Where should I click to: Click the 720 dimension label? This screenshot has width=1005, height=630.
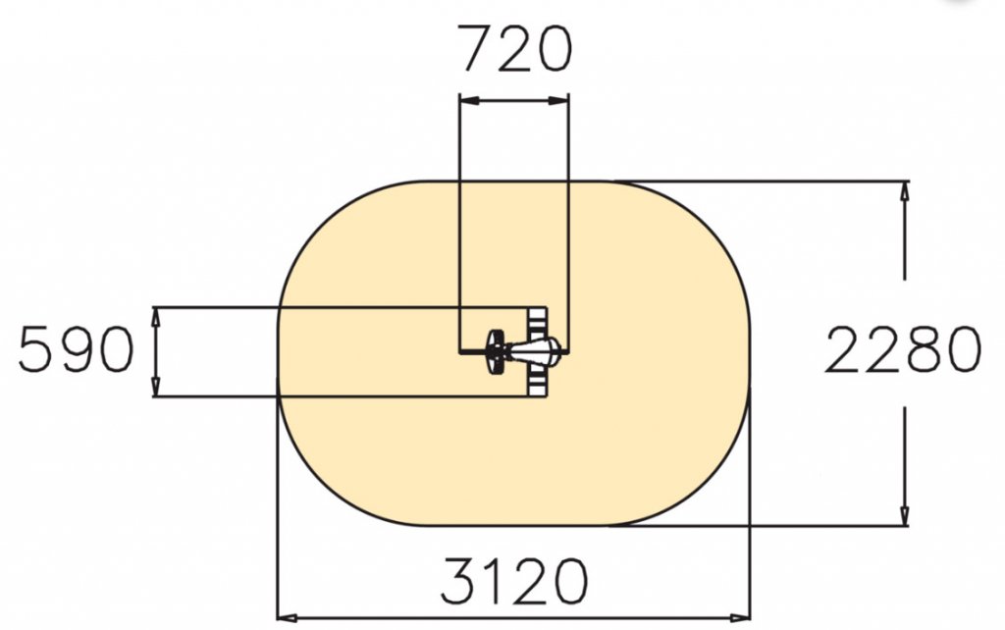(x=516, y=49)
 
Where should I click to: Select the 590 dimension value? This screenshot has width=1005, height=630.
(x=76, y=348)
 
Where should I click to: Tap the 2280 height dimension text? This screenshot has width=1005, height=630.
(x=903, y=349)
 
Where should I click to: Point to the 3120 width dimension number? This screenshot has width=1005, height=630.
(x=513, y=581)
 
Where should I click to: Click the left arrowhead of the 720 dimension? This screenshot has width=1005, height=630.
(x=470, y=101)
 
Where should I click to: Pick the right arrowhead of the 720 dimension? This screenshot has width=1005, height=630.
(x=558, y=101)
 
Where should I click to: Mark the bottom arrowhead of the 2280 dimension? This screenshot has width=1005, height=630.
(x=904, y=515)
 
